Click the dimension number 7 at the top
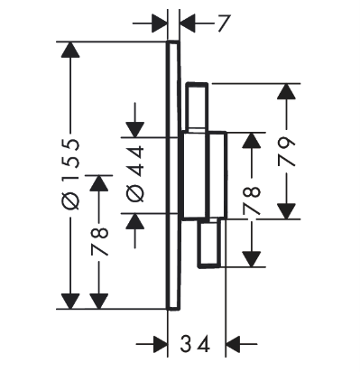pyautogui.click(x=223, y=23)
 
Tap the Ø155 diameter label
pyautogui.click(x=70, y=174)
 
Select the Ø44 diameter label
pyautogui.click(x=135, y=173)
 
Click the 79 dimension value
pyautogui.click(x=285, y=152)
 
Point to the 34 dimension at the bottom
pyautogui.click(x=195, y=344)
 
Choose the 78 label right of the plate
pyautogui.click(x=251, y=200)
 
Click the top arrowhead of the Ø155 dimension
pyautogui.click(x=70, y=49)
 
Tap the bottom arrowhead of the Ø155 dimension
pyautogui.click(x=70, y=302)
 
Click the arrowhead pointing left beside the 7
pyautogui.click(x=188, y=23)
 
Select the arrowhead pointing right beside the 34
pyautogui.click(x=160, y=344)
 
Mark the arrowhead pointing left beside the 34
pyautogui.click(x=234, y=344)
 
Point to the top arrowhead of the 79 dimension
pyautogui.click(x=286, y=91)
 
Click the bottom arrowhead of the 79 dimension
pyautogui.click(x=286, y=211)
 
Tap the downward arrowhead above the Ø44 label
pyautogui.click(x=135, y=130)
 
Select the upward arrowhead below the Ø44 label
pyautogui.click(x=135, y=221)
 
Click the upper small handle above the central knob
pyautogui.click(x=197, y=107)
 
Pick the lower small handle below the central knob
pyautogui.click(x=209, y=243)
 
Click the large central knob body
pyautogui.click(x=204, y=175)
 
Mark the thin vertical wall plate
pyautogui.click(x=173, y=175)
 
